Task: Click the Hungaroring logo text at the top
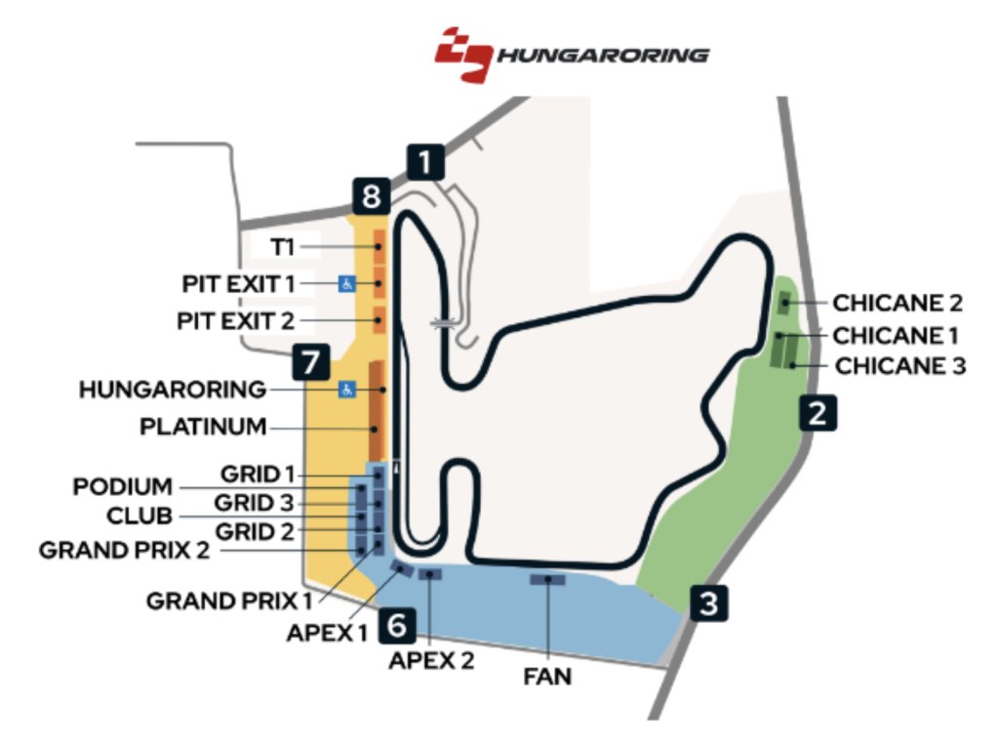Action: tap(604, 55)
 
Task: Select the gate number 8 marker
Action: tap(370, 197)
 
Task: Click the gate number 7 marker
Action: tap(310, 363)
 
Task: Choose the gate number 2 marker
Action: tap(818, 413)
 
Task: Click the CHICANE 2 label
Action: tap(898, 302)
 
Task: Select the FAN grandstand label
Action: tap(548, 675)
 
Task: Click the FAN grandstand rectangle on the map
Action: tap(548, 580)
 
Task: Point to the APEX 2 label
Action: tap(431, 660)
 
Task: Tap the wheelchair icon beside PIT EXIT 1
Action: tap(346, 283)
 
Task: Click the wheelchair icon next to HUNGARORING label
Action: tap(346, 390)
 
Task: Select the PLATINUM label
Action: tap(203, 427)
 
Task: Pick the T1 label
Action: tap(282, 247)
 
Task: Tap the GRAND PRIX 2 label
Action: tap(124, 550)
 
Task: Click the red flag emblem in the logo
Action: tap(464, 55)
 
